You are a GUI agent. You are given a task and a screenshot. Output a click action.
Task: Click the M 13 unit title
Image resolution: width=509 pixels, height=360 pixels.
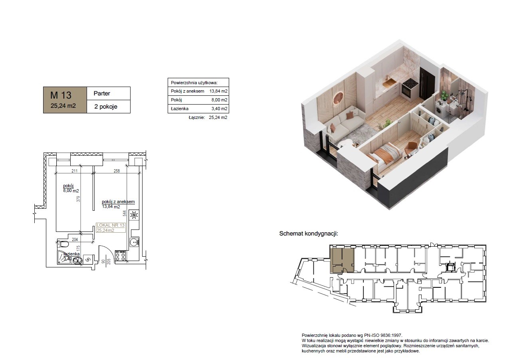61,95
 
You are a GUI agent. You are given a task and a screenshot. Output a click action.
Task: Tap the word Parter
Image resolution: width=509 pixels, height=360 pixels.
102,93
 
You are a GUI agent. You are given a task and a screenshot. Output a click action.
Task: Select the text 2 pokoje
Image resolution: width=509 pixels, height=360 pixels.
106,107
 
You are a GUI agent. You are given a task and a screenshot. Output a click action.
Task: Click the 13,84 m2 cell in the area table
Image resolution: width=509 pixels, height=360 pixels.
218,91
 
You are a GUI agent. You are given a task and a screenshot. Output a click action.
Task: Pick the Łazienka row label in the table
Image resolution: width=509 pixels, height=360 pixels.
180,109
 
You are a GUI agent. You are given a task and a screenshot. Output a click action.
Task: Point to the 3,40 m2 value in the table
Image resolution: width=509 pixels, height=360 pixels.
219,109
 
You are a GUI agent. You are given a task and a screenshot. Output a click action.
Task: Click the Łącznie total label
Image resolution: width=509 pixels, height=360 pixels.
197,117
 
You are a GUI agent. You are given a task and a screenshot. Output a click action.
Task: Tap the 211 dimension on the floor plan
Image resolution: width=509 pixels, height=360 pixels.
75,171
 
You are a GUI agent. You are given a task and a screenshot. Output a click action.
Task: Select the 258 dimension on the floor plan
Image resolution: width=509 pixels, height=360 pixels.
117,171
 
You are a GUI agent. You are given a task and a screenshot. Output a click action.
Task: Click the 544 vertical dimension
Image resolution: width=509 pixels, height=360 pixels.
124,213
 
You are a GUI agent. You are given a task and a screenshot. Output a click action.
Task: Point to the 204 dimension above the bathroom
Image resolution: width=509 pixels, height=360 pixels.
75,239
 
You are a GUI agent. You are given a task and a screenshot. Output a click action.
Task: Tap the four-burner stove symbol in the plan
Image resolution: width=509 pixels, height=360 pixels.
121,255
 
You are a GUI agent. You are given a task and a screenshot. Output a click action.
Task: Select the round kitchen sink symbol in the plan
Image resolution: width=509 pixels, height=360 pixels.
134,242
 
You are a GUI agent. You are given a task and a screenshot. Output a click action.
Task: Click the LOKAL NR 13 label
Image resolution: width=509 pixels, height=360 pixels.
111,225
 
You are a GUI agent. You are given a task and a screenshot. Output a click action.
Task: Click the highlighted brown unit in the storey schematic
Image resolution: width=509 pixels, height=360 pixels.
342,260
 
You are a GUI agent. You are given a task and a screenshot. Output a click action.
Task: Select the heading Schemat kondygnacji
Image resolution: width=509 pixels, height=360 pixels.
309,234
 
